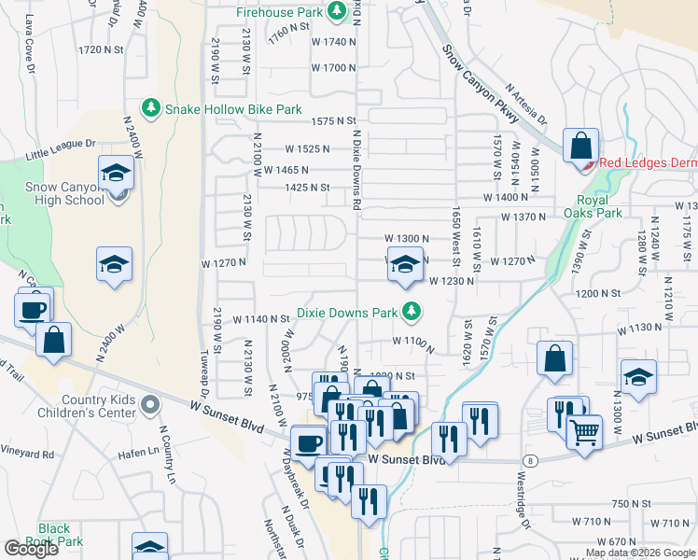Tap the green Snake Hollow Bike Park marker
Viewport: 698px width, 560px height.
point(148,109)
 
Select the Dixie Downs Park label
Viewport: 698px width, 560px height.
point(349,313)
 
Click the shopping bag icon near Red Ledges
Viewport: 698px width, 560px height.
point(580,146)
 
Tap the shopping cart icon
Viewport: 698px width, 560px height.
point(585,430)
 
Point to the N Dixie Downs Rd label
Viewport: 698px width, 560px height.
point(356,168)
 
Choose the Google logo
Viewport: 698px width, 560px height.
point(31,549)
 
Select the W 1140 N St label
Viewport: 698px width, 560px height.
point(260,319)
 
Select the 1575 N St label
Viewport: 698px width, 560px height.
point(333,121)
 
